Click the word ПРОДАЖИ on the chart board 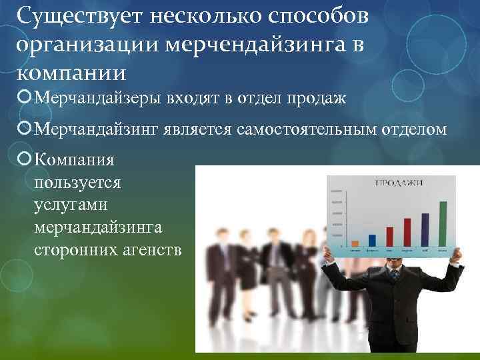[x=393, y=182]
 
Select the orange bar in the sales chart [x=355, y=243]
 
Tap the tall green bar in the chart [x=443, y=223]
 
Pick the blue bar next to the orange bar [x=372, y=241]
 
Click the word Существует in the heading [x=69, y=15]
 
